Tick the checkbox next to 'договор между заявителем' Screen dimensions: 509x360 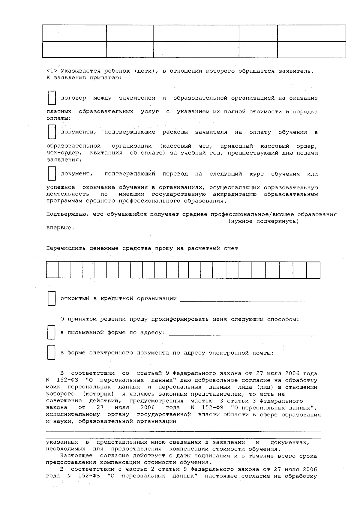52,98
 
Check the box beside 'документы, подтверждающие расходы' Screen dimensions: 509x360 52,132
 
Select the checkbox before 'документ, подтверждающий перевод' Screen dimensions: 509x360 52,174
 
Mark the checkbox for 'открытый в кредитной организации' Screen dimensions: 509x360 52,299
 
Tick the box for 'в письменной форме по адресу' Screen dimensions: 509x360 52,333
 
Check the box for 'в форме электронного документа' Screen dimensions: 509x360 52,353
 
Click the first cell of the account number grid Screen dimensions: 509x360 52,270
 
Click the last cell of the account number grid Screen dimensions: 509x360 313,270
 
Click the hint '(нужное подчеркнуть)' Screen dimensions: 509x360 263,221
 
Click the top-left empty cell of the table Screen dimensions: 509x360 74,33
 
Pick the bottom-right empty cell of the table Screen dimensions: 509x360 311,49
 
